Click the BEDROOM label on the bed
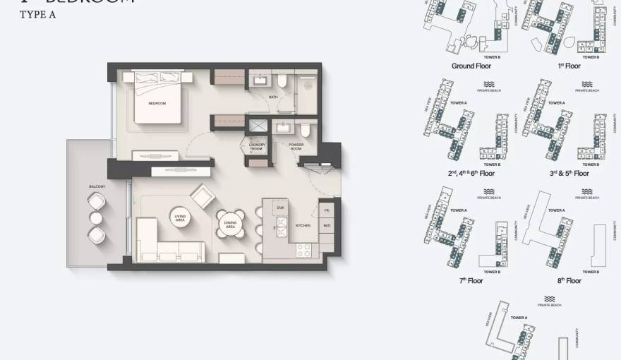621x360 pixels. (157, 104)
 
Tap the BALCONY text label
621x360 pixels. (97, 186)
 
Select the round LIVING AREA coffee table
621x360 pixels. (179, 219)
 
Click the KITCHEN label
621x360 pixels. (303, 225)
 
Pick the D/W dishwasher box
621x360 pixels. (281, 208)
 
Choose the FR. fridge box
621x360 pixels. (327, 210)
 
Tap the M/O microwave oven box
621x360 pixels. (327, 225)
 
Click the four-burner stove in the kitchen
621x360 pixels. (303, 250)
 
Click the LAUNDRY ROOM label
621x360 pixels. (256, 147)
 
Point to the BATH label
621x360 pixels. (272, 97)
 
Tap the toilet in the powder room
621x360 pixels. (305, 131)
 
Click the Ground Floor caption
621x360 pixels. (471, 66)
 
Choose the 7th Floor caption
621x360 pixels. (471, 281)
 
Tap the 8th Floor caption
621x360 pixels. (569, 281)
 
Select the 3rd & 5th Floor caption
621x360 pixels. (569, 173)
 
